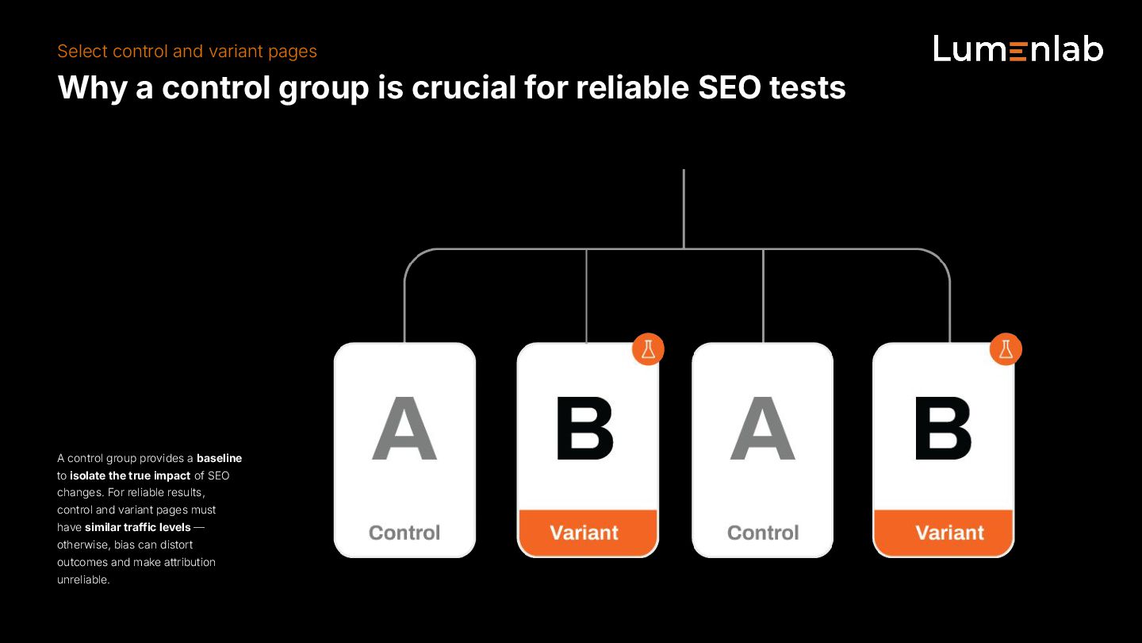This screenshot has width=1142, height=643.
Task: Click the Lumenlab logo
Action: (1018, 49)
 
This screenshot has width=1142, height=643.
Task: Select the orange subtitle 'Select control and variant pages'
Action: (187, 52)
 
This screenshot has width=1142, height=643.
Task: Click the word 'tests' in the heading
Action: (814, 87)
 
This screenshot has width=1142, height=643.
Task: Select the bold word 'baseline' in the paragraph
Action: (220, 458)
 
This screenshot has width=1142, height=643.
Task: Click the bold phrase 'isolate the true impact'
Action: (130, 476)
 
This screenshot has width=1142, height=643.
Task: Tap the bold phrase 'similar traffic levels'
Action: (138, 527)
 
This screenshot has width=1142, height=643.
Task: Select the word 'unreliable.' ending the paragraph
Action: (83, 579)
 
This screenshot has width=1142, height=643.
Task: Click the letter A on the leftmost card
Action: (404, 429)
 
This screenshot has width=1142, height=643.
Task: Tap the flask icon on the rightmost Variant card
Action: (1006, 349)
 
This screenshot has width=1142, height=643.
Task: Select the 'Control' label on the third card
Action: (763, 533)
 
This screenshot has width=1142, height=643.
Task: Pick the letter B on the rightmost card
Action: (944, 429)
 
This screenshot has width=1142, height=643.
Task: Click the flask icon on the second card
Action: (648, 349)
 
